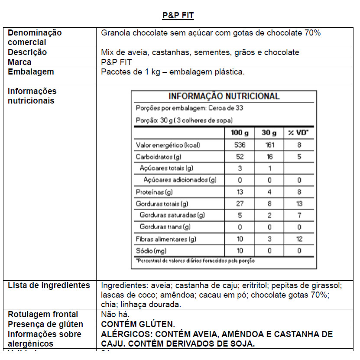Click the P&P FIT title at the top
[178, 16]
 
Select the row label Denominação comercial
[35, 37]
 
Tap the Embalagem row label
[31, 71]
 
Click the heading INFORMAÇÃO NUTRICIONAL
[224, 96]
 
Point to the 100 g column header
[240, 133]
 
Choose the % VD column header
[298, 133]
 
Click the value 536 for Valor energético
[240, 145]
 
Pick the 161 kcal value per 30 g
[269, 145]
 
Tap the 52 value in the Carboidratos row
[240, 157]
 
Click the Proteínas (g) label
[154, 192]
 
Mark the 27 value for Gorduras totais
[240, 204]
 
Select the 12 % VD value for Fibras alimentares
[299, 239]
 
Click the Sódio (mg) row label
[151, 250]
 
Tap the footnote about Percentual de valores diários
[195, 261]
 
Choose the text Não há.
[115, 315]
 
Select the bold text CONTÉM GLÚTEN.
[138, 324]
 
